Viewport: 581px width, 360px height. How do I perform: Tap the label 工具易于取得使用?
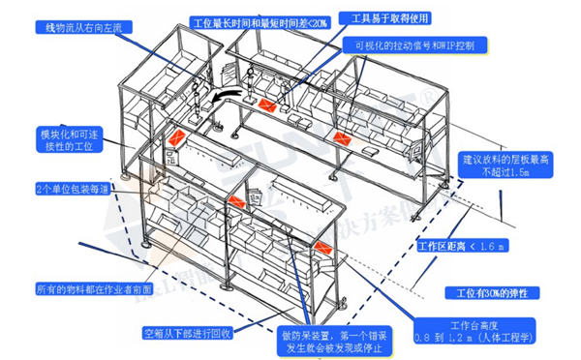(x=391, y=18)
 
